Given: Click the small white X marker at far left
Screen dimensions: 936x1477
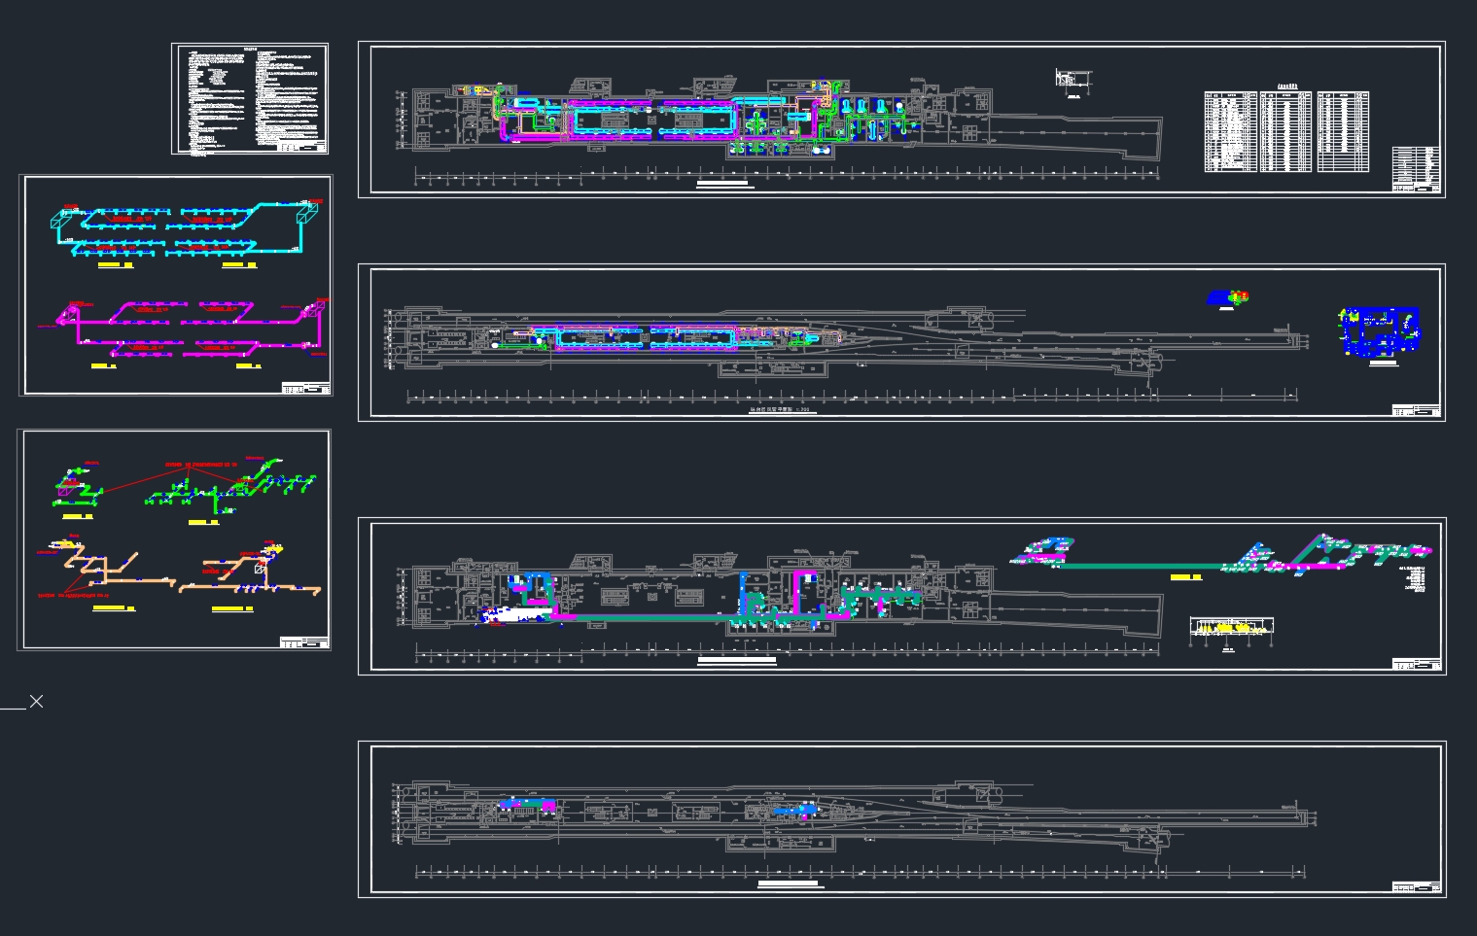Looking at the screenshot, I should pos(36,701).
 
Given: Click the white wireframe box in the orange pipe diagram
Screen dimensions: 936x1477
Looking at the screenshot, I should pos(259,567).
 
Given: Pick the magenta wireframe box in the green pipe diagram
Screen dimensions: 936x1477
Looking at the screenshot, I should pos(64,492).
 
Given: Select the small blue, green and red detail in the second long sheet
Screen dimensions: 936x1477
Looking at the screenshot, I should pos(1227,297).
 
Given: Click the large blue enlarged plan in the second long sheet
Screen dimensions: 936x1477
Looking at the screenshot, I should pos(1380,331).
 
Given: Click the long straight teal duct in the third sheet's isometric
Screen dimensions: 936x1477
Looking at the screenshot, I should pos(1138,566).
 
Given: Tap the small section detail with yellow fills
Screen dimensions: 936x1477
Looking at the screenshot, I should pos(1231,628).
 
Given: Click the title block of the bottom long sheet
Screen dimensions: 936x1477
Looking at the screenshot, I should pos(1416,886).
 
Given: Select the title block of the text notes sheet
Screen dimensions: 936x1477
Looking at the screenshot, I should pos(302,148).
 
